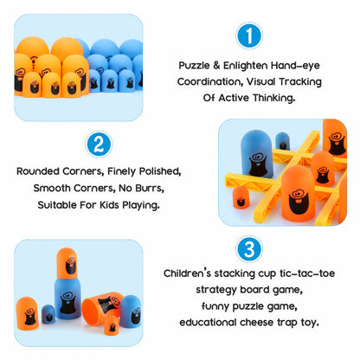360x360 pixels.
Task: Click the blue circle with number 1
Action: click(249, 35)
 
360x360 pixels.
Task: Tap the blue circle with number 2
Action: click(99, 145)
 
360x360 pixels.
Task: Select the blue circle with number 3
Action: click(249, 249)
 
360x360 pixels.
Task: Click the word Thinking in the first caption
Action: click(274, 98)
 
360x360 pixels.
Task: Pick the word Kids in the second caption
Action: click(109, 205)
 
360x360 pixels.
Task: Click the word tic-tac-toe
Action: click(307, 273)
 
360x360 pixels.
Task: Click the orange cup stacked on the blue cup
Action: click(67, 264)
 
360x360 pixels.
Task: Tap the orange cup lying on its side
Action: click(101, 305)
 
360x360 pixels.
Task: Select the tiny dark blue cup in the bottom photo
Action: click(48, 314)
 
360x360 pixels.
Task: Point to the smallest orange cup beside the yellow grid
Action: click(241, 197)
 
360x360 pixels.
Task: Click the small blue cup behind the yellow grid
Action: click(282, 141)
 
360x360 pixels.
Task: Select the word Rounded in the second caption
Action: click(38, 171)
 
